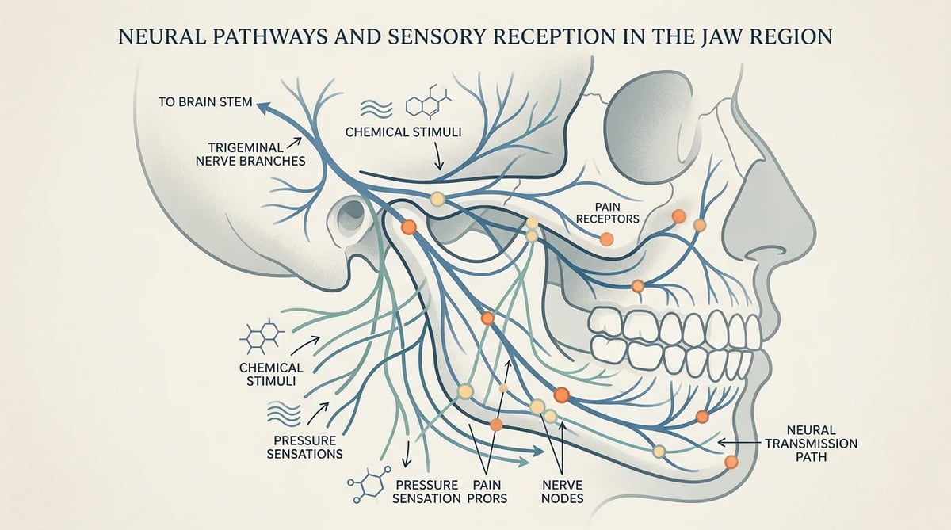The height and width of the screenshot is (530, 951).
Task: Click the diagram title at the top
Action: pos(475,36)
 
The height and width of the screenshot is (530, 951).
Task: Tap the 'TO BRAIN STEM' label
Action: pos(205,102)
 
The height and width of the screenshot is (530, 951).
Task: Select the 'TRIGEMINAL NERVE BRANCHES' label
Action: pos(250,154)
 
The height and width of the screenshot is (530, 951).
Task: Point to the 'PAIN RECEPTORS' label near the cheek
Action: pos(608,213)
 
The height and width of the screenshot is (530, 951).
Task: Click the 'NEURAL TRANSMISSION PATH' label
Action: pos(811,444)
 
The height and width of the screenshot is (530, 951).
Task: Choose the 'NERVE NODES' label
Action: pos(563,491)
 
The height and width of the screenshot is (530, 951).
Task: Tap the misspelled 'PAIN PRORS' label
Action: pos(487,491)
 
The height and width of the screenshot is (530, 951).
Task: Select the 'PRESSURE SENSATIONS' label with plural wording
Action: pos(304,448)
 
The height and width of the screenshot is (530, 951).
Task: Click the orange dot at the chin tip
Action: pos(731,462)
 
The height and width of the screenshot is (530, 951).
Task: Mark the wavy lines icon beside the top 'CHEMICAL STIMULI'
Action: pos(376,109)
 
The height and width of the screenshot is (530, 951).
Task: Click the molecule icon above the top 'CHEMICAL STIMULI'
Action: pos(429,102)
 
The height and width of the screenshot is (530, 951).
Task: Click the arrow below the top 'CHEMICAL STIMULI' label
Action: pos(438,156)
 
